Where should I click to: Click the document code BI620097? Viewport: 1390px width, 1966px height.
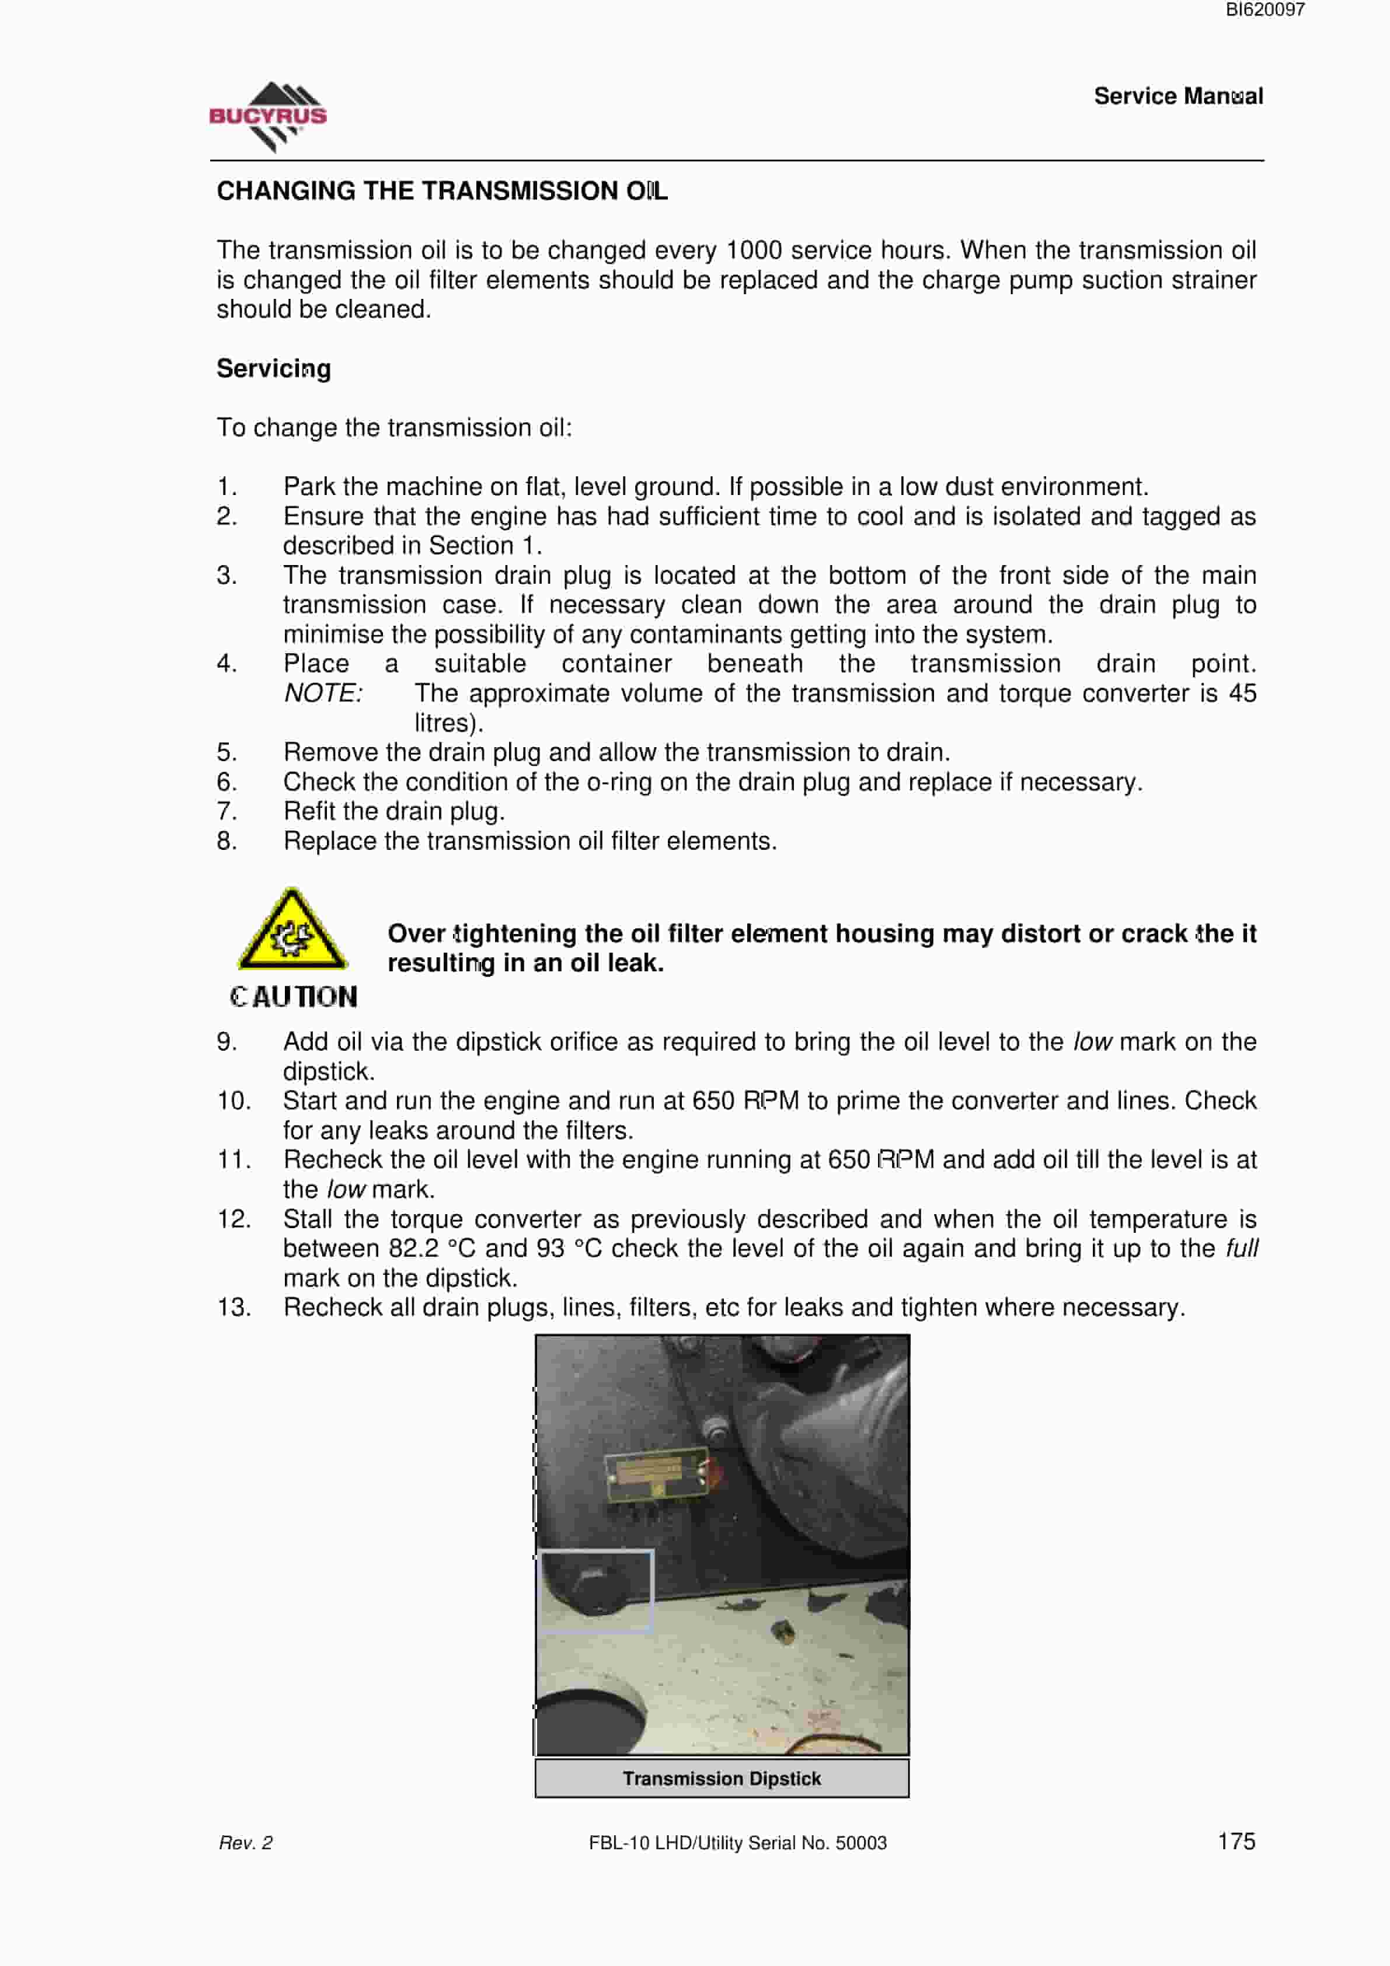click(1265, 11)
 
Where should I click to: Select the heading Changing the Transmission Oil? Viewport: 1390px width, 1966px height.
click(442, 191)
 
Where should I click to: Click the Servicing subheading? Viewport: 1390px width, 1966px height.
click(273, 369)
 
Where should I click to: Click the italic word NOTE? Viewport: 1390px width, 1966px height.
click(323, 693)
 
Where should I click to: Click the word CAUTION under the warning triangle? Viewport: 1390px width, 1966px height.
click(293, 996)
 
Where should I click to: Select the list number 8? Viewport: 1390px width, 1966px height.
click(226, 841)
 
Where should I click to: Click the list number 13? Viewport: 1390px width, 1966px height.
click(234, 1308)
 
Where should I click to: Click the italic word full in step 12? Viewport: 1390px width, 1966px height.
click(1241, 1249)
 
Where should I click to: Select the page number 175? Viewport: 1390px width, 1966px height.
click(1236, 1841)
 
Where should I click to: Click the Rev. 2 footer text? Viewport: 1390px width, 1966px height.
click(246, 1843)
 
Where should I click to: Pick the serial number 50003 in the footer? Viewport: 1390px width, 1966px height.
click(861, 1843)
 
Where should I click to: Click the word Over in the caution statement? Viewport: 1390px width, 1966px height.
click(416, 933)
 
